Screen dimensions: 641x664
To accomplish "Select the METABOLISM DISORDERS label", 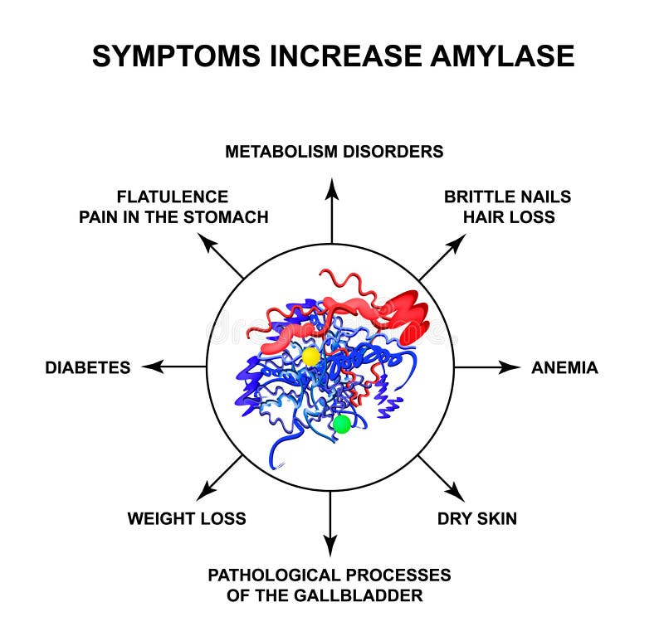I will [334, 152].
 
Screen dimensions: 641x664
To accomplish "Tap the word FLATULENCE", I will [173, 197].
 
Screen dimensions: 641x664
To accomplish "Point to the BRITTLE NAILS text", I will [507, 197].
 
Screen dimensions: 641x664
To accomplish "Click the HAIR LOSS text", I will [508, 217].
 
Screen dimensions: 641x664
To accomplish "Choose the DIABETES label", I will [88, 367].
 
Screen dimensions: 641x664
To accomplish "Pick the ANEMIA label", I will [564, 367].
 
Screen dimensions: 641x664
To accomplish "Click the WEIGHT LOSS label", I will [187, 518].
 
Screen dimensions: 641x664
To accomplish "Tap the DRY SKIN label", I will [477, 518].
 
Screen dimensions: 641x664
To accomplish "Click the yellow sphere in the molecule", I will [310, 357].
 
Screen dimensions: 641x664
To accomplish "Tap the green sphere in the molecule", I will [341, 425].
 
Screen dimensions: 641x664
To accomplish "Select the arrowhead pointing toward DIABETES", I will [150, 367].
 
